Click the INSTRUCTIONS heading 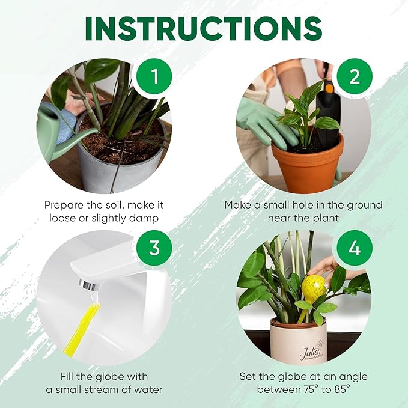point(204,28)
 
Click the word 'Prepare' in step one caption point(64,205)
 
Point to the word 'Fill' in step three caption point(70,376)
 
